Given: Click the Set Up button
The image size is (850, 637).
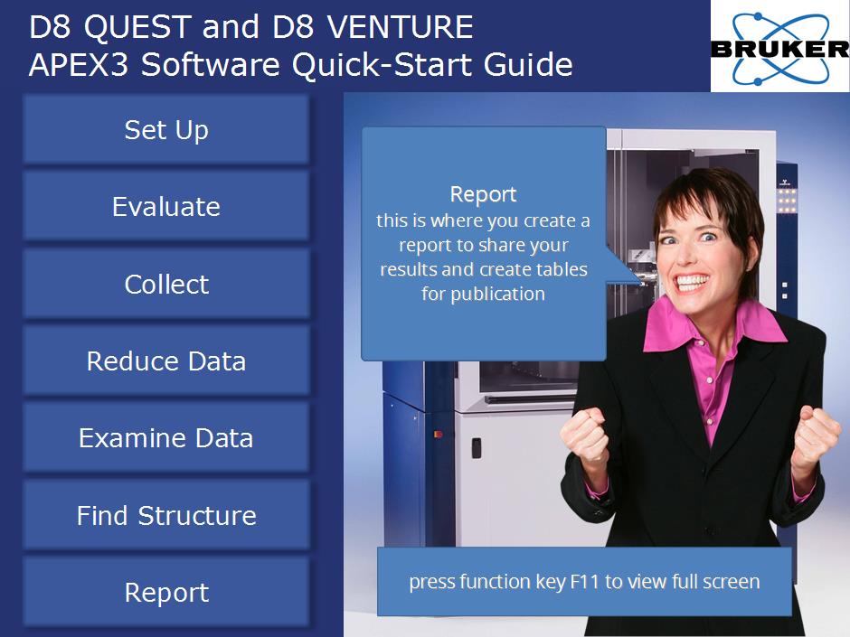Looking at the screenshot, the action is [x=166, y=129].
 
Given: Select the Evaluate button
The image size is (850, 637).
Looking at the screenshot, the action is [x=166, y=206].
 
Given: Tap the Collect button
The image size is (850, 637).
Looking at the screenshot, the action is [x=166, y=284].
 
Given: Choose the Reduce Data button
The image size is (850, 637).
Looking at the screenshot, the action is [x=166, y=361].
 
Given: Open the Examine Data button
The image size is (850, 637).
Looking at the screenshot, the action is [x=166, y=437].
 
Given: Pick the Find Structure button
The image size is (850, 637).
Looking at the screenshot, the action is [x=166, y=515].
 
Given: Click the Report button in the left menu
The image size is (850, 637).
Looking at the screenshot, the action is [x=166, y=592].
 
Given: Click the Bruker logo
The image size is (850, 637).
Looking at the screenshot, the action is [x=780, y=47].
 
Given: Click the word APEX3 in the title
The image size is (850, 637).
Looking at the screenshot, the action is [x=79, y=64].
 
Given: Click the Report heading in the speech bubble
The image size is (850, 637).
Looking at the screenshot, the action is [x=483, y=194].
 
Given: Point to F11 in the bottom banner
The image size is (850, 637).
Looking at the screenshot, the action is [x=584, y=581].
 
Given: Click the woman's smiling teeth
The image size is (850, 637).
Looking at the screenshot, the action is [x=692, y=281].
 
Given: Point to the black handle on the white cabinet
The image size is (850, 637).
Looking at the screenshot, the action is [x=476, y=448].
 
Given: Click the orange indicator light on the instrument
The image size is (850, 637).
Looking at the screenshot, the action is [x=438, y=434].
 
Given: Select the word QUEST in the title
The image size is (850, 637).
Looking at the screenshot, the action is [x=137, y=27].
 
